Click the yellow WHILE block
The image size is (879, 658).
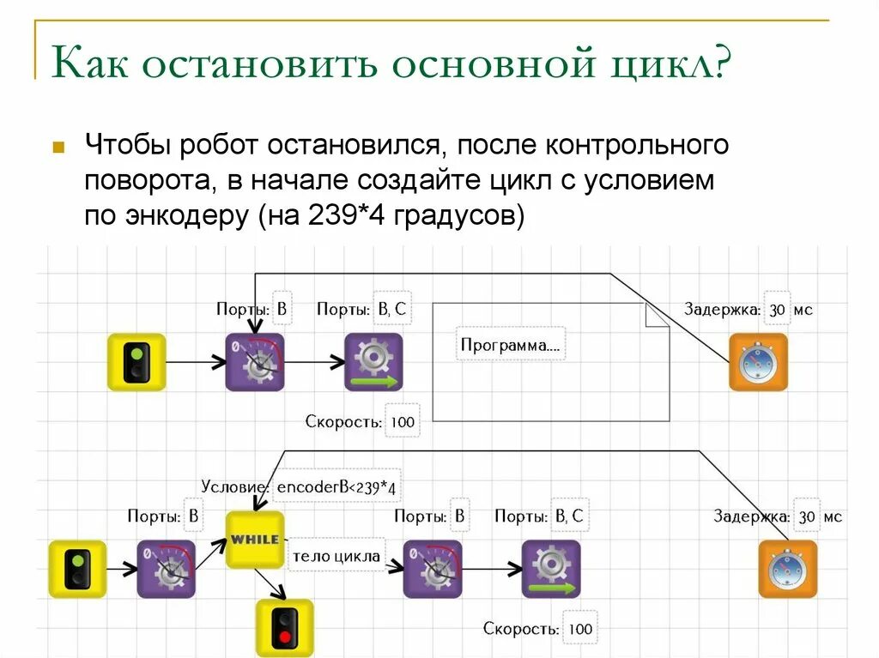coord(255,540)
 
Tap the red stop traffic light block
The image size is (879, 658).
coord(284,628)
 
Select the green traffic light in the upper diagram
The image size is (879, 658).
coord(136,362)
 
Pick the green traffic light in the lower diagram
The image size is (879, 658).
coord(77,569)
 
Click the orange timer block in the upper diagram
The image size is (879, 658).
coord(758,362)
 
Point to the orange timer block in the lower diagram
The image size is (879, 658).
coord(787,569)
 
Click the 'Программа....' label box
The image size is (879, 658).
coord(511,344)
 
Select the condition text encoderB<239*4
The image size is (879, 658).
coord(336,487)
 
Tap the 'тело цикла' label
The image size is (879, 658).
coord(336,556)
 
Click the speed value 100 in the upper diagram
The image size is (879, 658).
coord(402,421)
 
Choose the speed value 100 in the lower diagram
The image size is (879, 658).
coord(580,629)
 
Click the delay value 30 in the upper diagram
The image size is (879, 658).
coord(778,310)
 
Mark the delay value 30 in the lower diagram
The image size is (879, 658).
coord(807,516)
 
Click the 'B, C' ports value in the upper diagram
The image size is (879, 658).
coord(391,310)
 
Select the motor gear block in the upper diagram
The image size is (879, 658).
coord(373,362)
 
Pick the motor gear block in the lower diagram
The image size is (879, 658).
coord(551,569)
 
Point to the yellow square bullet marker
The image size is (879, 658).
coord(58,146)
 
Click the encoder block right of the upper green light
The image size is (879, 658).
coord(255,362)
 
